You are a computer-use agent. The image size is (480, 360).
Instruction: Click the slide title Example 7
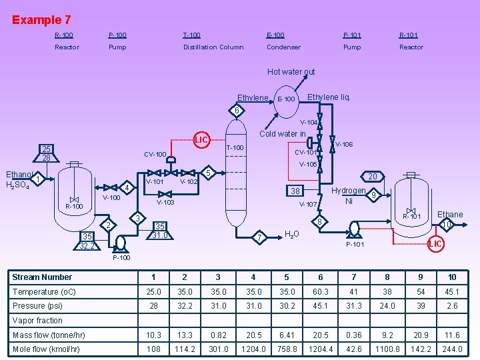pos(41,20)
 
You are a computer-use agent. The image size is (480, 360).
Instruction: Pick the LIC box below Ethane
pos(435,245)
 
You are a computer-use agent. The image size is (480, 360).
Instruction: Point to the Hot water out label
pos(291,72)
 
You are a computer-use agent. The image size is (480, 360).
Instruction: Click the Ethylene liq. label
pos(329,97)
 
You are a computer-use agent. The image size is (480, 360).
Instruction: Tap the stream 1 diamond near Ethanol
pos(39,179)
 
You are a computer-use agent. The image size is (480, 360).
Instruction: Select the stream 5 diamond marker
pos(208,173)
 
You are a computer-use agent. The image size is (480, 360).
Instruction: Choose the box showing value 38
pos(295,191)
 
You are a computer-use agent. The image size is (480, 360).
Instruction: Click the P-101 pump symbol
pos(353,229)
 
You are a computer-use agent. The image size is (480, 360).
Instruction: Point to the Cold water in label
pos(282,133)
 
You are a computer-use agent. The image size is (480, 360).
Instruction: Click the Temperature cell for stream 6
pos(321,292)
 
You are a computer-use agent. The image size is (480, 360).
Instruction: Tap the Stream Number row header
pos(42,277)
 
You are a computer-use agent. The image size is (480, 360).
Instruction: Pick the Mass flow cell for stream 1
pos(153,335)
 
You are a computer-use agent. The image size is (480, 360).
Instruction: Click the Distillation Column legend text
pos(213,47)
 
